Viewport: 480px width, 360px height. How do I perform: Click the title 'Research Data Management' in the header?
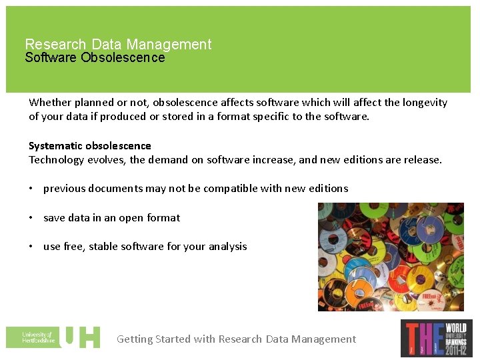(118, 45)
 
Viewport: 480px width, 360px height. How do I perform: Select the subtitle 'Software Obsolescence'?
(95, 58)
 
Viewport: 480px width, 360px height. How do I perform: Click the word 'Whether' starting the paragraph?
(50, 103)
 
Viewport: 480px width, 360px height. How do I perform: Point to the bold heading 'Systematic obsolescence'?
(90, 146)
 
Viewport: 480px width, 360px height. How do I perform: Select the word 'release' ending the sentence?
(421, 160)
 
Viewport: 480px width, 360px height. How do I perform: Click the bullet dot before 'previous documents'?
(32, 189)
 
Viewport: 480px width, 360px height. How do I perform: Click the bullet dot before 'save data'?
(32, 218)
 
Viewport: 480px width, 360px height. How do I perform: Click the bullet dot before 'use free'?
(32, 247)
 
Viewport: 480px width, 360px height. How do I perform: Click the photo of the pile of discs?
(391, 257)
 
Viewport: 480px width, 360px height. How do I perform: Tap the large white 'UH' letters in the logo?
(81, 337)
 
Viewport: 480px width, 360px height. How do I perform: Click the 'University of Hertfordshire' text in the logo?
(37, 337)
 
